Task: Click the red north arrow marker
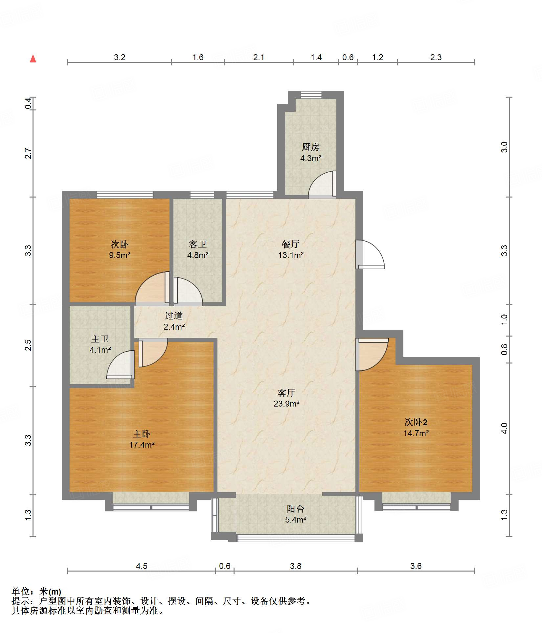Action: tap(33, 59)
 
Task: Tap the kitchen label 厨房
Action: tap(310, 147)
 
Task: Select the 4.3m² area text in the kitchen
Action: tap(310, 158)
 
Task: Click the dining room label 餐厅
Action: tap(291, 244)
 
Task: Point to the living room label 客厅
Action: tap(286, 393)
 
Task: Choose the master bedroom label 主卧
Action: tap(142, 434)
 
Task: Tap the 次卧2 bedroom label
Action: tap(416, 422)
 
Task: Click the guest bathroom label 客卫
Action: tap(198, 244)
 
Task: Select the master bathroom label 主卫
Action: tap(100, 339)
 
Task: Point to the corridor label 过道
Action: tap(174, 316)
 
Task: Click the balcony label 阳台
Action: tap(296, 509)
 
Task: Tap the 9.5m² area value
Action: tap(120, 255)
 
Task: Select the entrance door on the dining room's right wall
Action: tap(370, 254)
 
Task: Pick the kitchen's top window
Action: tap(311, 95)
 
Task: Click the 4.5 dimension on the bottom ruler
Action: tap(142, 566)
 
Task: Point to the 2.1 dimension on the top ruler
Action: tap(259, 58)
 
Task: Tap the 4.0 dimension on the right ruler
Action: tap(504, 428)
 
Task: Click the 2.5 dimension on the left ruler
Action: tap(28, 345)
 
